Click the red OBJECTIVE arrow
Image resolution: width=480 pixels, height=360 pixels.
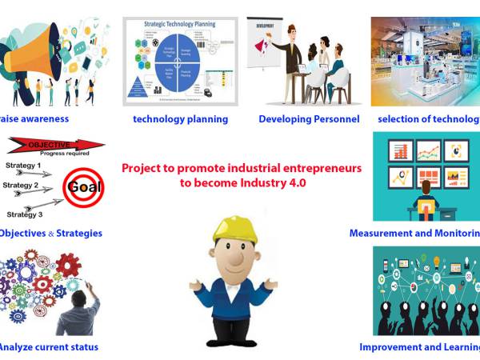[56, 146]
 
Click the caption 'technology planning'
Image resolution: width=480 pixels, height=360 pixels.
[180, 119]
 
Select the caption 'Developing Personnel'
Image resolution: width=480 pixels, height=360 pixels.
[309, 119]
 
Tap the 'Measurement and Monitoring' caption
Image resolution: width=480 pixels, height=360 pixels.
[414, 234]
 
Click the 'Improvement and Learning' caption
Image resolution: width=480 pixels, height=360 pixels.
[419, 347]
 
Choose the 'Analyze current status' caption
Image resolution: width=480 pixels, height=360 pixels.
[48, 347]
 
